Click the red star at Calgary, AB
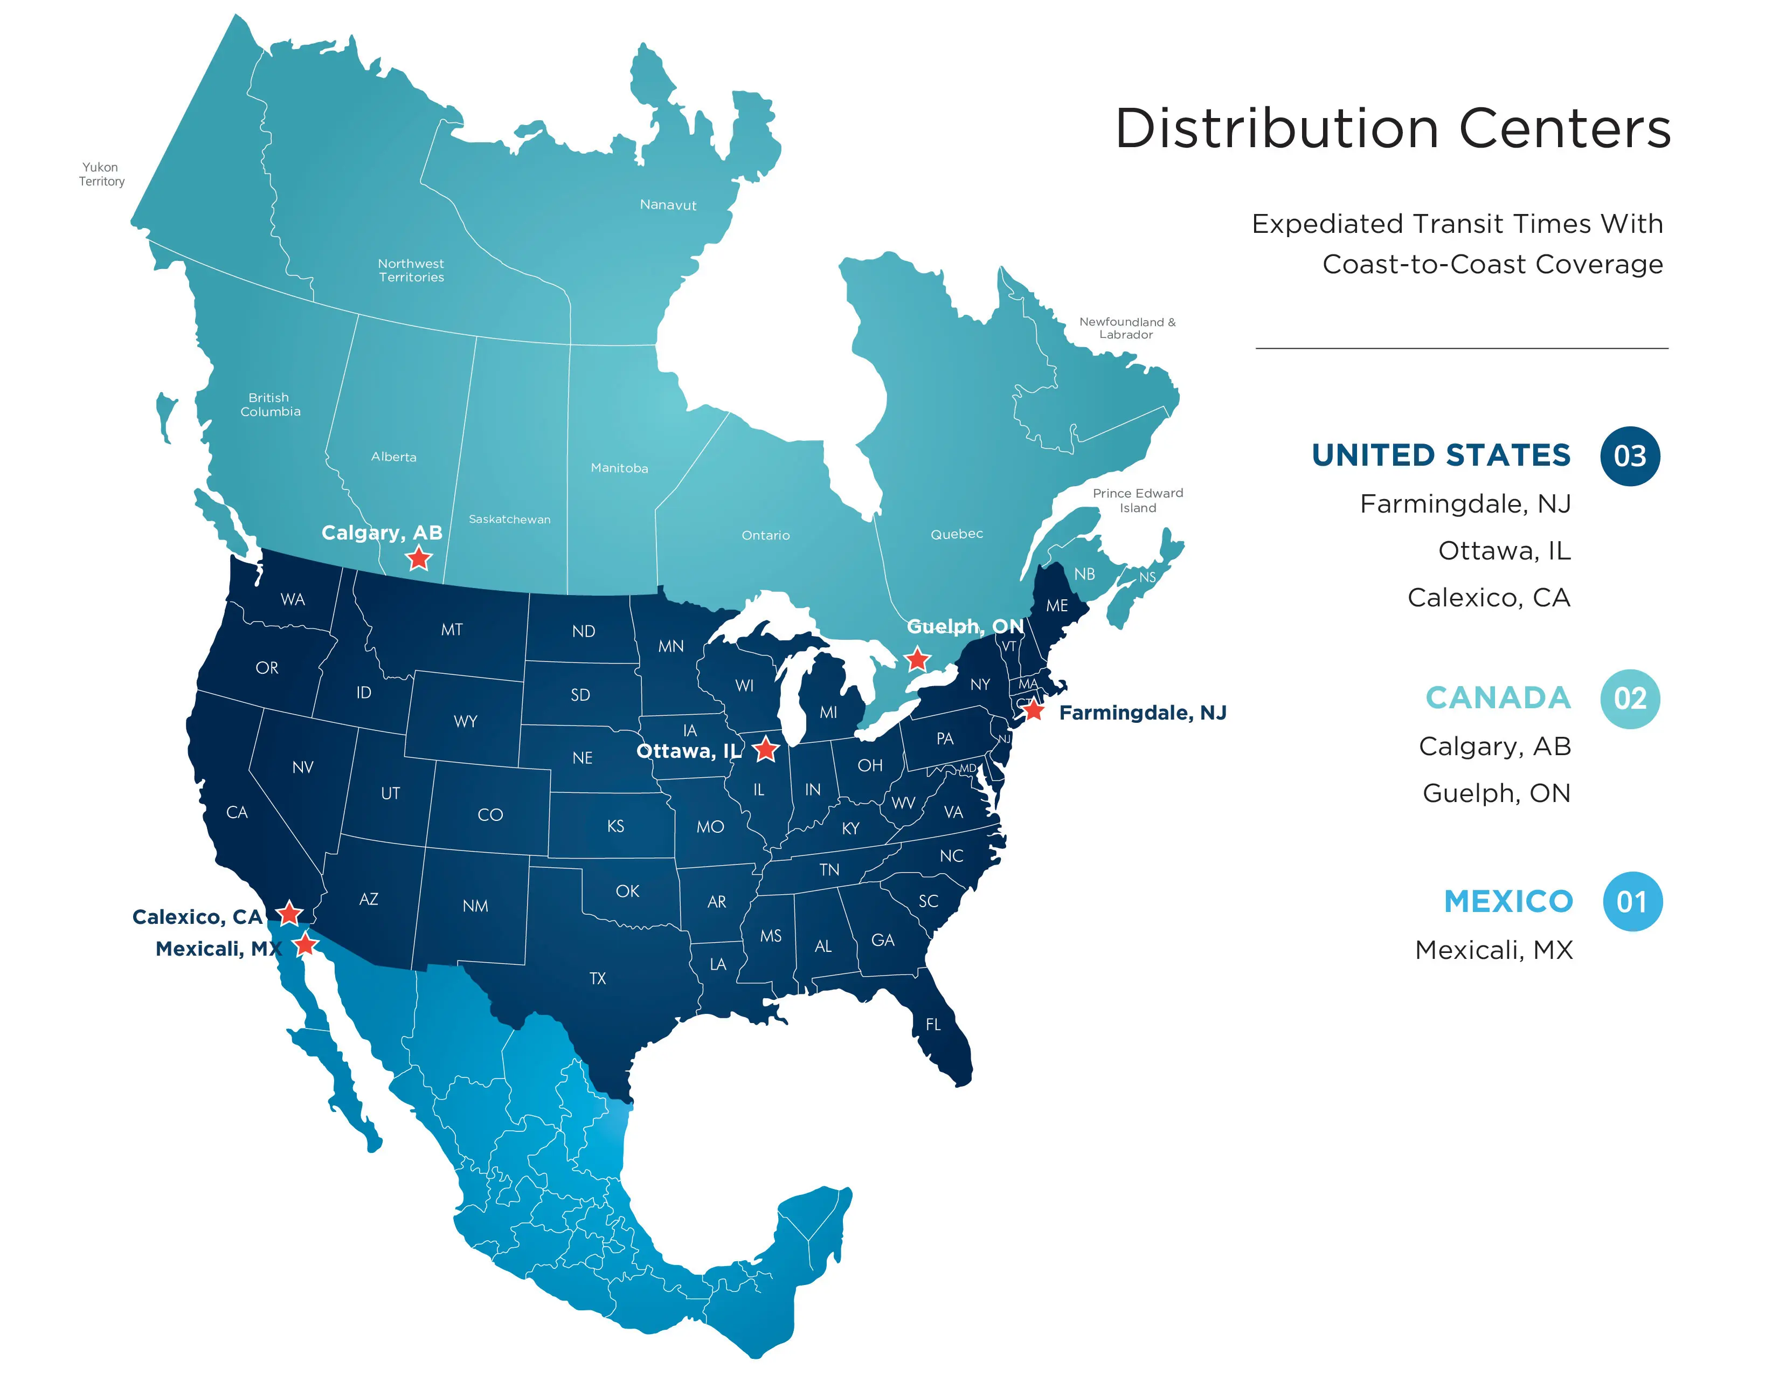(x=419, y=559)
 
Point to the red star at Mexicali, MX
(x=304, y=945)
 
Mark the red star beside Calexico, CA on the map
(x=289, y=913)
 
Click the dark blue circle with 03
(x=1629, y=456)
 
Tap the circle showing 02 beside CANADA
(x=1629, y=699)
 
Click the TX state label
(x=598, y=978)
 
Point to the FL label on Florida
(x=933, y=1025)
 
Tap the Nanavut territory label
(x=668, y=204)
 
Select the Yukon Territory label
(x=101, y=174)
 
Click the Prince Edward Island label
(x=1137, y=500)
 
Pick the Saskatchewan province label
(x=509, y=519)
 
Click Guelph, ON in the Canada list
(x=1496, y=792)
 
